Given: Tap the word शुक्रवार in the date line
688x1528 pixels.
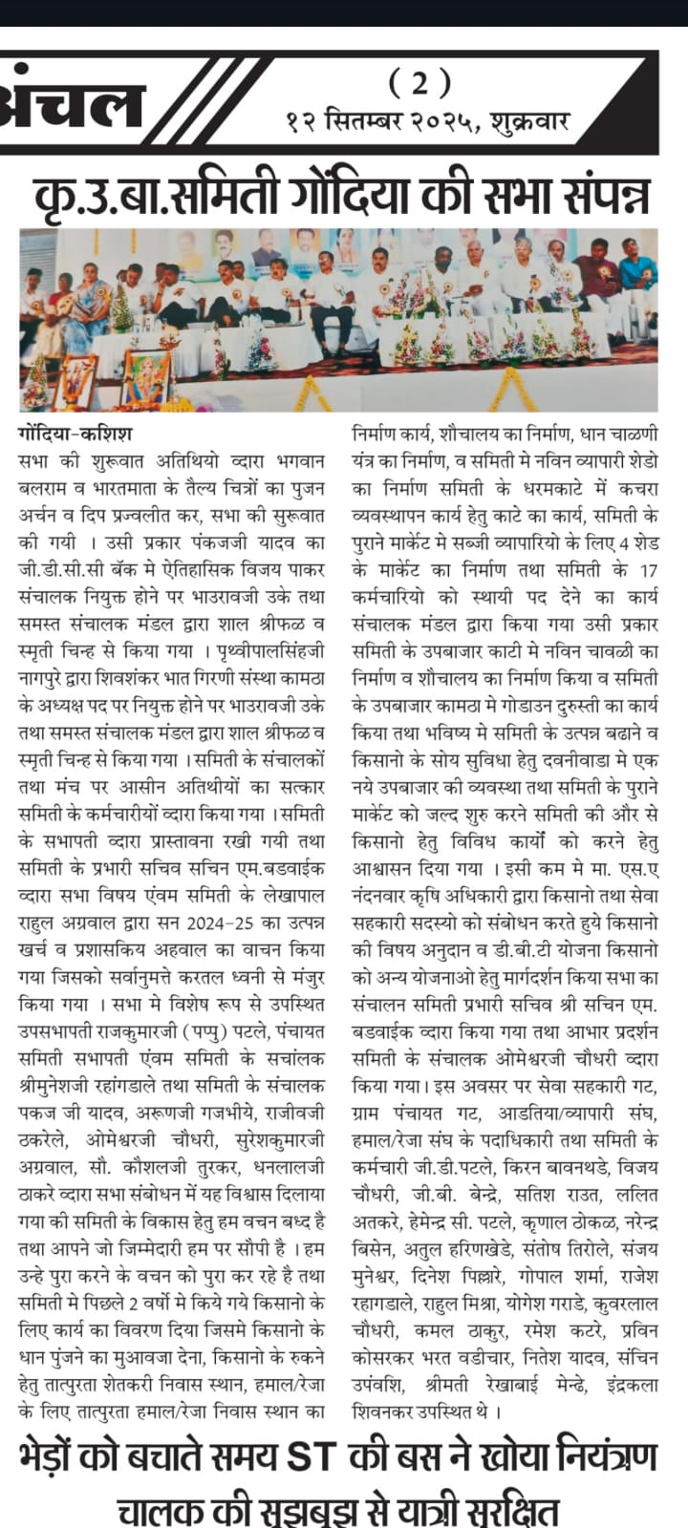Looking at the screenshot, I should point(529,122).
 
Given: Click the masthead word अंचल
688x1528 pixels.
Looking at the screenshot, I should point(72,102).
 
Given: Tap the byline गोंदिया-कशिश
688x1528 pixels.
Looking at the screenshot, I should point(75,434).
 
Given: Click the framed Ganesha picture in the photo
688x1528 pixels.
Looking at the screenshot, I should point(145,376).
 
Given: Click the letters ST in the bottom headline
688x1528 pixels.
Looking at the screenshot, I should point(312,1457).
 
